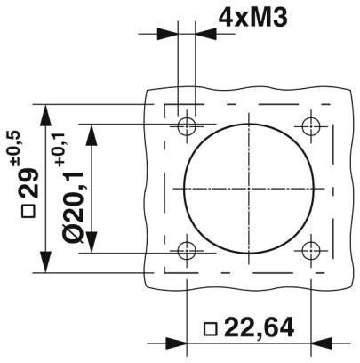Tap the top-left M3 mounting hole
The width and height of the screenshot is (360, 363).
(x=186, y=125)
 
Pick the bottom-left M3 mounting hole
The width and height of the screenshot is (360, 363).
(x=186, y=251)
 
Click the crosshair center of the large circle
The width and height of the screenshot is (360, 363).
(x=249, y=188)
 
